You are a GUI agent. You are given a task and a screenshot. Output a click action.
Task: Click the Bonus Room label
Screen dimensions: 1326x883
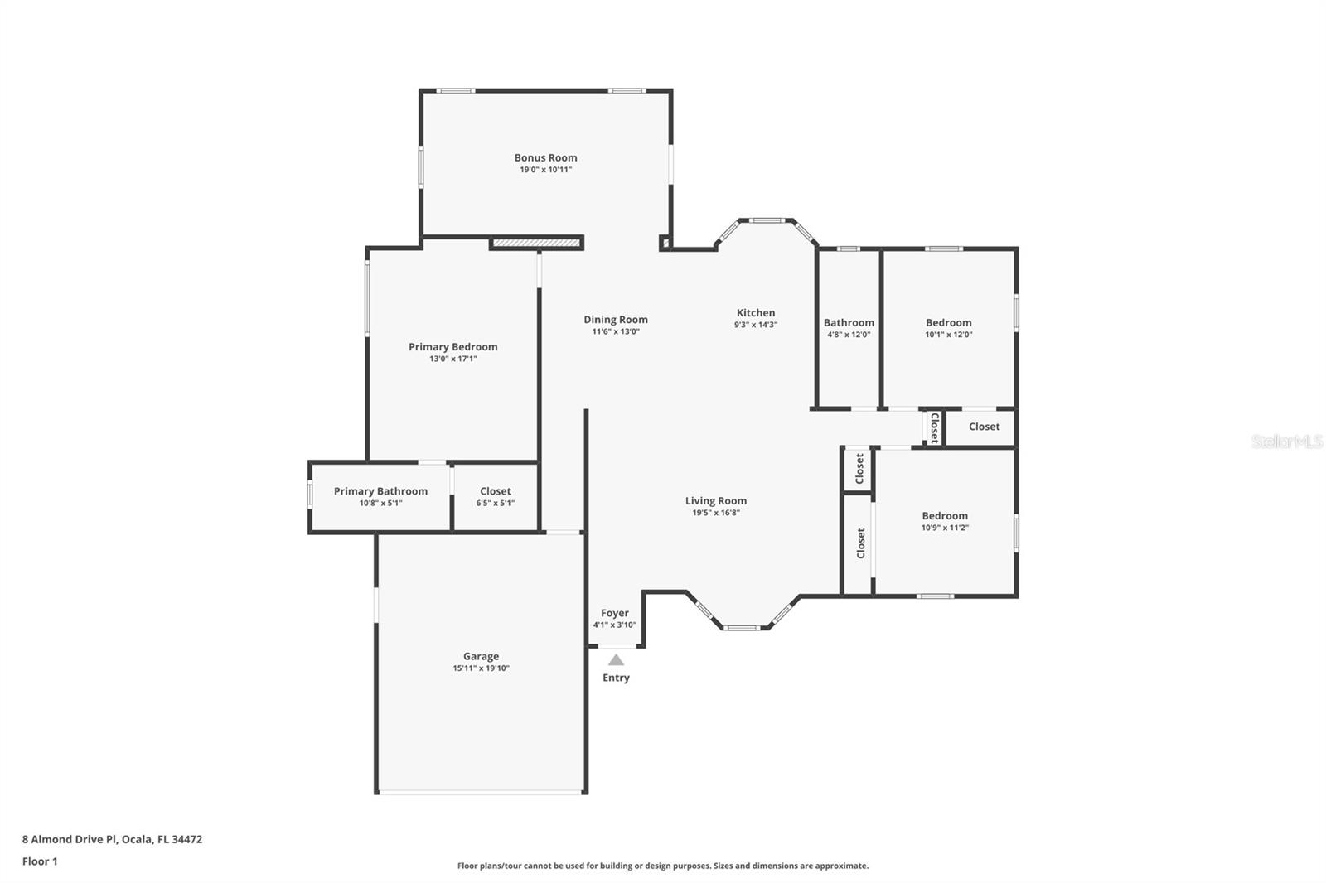(545, 157)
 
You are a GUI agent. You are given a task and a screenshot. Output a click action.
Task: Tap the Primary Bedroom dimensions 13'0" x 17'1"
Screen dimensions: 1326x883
(452, 359)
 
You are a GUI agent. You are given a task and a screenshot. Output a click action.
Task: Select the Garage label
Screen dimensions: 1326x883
(481, 656)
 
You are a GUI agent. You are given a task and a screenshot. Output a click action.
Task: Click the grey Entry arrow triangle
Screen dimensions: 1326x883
(617, 660)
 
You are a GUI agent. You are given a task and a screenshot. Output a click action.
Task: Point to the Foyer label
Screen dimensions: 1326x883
(614, 613)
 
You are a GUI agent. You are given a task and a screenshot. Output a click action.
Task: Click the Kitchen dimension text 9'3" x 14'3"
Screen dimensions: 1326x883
(756, 325)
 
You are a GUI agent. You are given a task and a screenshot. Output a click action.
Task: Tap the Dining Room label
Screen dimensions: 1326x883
(616, 320)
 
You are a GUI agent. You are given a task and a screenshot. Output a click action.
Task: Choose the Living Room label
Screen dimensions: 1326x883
(716, 500)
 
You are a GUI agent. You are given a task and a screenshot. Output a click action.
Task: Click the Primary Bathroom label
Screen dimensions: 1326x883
(380, 491)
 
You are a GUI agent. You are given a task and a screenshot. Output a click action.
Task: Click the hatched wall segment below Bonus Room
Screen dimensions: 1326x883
(536, 243)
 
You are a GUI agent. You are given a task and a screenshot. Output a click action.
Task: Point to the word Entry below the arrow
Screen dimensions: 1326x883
(617, 678)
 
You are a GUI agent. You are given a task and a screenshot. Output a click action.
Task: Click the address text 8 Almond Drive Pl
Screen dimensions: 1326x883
(70, 839)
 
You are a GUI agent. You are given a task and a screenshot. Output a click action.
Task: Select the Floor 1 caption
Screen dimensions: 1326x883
(41, 861)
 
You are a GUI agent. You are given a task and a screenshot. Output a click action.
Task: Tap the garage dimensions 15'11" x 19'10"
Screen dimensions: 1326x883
(481, 668)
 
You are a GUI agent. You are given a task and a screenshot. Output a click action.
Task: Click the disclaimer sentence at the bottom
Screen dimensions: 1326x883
(663, 866)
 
